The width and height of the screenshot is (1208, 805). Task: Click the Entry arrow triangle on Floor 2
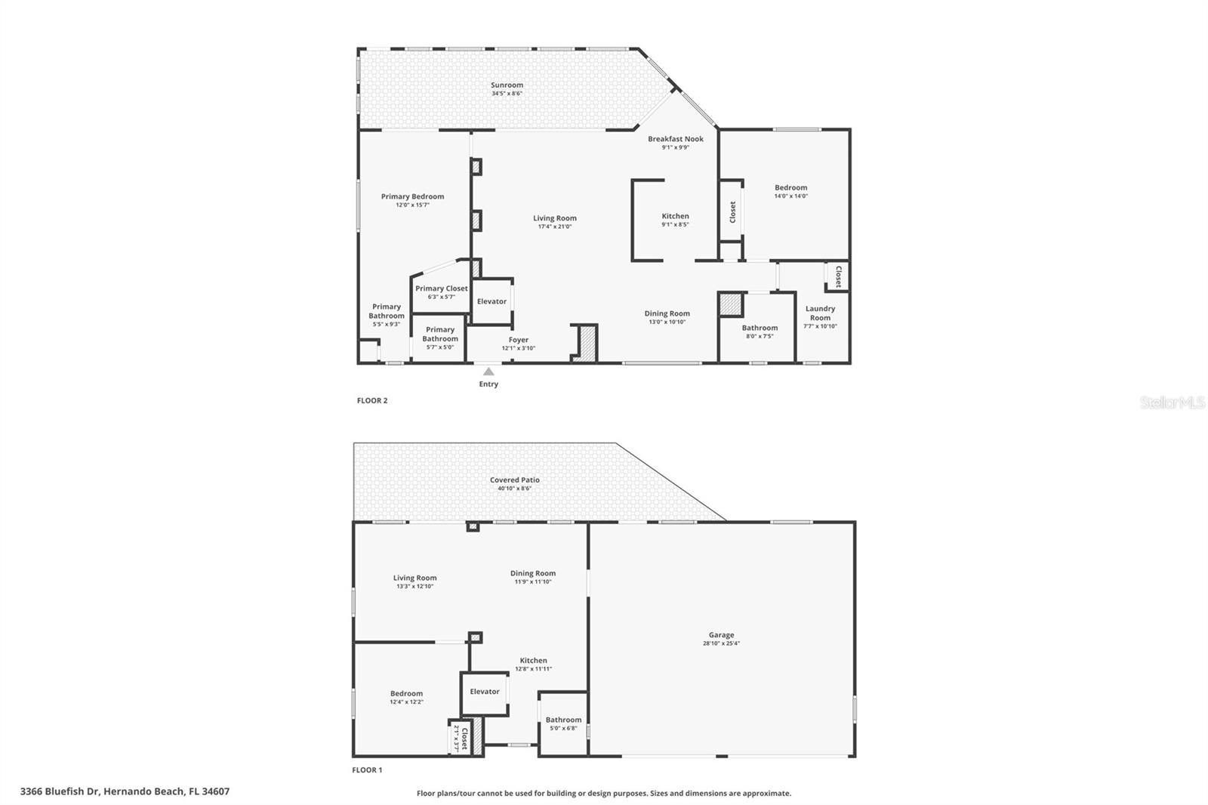click(x=488, y=372)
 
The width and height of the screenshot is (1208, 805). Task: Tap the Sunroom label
click(x=507, y=85)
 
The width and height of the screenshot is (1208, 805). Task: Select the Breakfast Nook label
click(x=675, y=139)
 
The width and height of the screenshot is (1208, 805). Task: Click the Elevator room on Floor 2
click(x=492, y=301)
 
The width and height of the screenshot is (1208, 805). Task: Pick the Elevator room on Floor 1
click(x=485, y=692)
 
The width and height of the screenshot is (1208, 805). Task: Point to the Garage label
click(x=721, y=635)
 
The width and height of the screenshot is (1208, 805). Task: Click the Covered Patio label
click(x=514, y=480)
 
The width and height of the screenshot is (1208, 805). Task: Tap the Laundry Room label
click(x=820, y=313)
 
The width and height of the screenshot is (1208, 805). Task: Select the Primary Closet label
click(x=441, y=288)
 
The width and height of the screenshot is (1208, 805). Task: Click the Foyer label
click(x=518, y=340)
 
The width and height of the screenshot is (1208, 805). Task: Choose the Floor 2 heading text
click(x=372, y=400)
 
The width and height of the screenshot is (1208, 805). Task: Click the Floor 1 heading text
click(x=367, y=770)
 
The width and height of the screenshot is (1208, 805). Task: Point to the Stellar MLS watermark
click(x=1173, y=403)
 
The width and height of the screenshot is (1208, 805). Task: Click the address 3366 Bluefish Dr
click(x=125, y=791)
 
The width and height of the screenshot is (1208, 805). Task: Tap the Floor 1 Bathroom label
click(x=563, y=720)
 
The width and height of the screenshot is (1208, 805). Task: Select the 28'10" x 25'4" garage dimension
click(x=721, y=643)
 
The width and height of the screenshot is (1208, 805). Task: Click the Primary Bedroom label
click(x=412, y=196)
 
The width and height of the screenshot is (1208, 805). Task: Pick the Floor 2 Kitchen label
click(x=675, y=216)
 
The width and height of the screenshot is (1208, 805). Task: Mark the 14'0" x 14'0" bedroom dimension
click(x=790, y=196)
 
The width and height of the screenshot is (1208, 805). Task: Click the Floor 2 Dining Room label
click(x=667, y=313)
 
